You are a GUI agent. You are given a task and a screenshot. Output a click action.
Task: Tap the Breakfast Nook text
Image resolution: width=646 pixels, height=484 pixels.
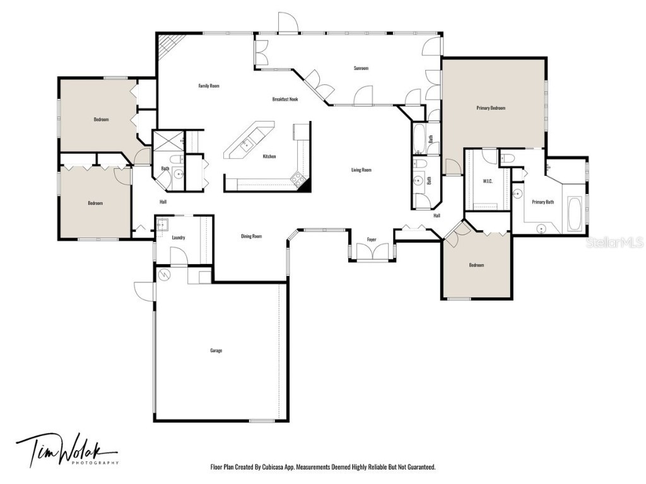[x=285, y=99]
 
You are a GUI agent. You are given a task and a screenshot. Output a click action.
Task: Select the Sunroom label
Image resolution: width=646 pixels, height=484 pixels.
[x=361, y=68]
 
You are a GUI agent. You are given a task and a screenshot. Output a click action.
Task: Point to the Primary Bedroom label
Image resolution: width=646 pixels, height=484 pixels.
[x=490, y=108]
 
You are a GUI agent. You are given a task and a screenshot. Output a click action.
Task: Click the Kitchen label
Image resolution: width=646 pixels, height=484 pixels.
[x=269, y=156]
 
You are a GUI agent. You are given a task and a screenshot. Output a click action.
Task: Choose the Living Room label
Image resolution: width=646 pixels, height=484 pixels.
[x=361, y=170]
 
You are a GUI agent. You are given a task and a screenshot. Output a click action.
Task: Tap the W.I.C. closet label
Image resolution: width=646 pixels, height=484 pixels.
[x=487, y=181]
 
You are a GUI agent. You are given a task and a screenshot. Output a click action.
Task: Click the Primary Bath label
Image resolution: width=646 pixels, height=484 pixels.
[x=543, y=202]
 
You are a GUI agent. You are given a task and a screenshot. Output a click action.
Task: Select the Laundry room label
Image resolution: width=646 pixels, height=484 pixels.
[x=179, y=238]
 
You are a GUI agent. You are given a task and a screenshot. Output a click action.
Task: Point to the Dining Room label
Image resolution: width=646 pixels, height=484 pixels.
[x=251, y=236]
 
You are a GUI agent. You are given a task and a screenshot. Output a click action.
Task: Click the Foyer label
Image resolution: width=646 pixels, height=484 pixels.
[x=372, y=239]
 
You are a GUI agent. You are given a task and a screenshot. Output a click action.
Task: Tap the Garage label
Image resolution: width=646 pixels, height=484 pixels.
[x=216, y=350]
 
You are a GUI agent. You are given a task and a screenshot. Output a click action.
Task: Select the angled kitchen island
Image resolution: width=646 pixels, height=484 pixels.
[x=249, y=141]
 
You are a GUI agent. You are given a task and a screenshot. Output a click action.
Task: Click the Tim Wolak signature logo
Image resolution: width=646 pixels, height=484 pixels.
[x=66, y=451]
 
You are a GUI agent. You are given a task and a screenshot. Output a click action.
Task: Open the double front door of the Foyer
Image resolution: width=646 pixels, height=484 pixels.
[x=372, y=252]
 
